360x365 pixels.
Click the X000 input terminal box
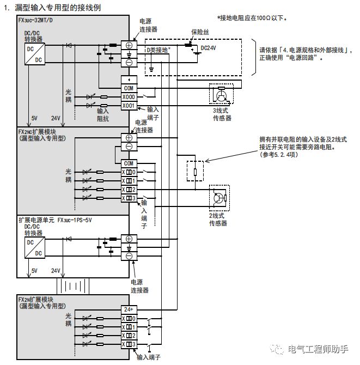pos(129,96)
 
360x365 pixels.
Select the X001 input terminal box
pos(129,105)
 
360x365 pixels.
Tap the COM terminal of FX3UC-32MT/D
pos(129,88)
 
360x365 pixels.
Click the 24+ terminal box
pos(129,309)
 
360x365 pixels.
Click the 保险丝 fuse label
pos(200,32)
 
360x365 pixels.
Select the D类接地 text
pos(158,50)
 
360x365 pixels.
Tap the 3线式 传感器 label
pos(222,113)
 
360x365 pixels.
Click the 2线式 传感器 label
pos(218,220)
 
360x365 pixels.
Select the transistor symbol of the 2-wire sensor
pos(219,198)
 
